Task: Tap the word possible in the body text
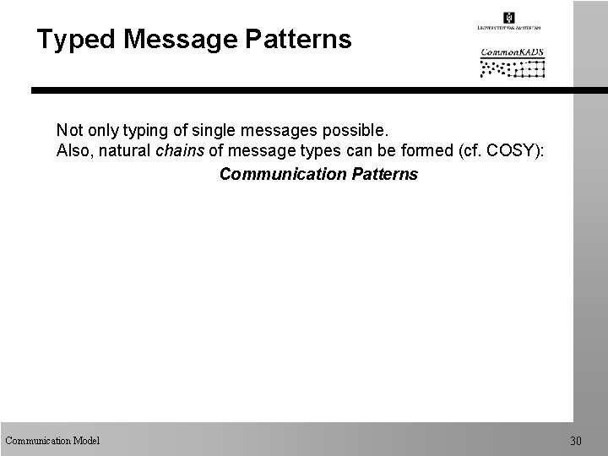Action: [355, 132]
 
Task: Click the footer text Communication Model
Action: [52, 440]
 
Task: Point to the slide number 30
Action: [576, 441]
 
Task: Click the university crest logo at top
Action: [508, 18]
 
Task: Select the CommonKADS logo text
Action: [512, 52]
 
